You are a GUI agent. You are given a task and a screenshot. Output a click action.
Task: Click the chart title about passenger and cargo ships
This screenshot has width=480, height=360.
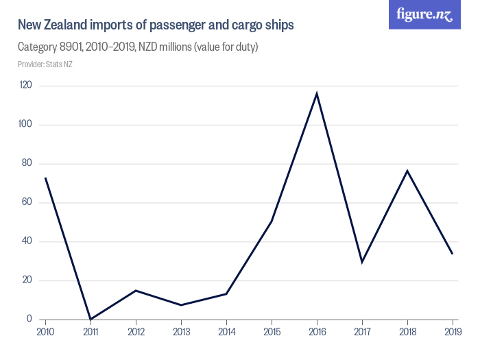click(x=156, y=25)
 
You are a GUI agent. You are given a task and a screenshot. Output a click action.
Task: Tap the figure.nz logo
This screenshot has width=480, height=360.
click(x=424, y=14)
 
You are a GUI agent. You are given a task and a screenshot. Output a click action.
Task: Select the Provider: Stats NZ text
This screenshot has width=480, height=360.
click(x=45, y=64)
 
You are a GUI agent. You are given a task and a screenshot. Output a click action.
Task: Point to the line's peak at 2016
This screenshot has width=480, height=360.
click(x=317, y=93)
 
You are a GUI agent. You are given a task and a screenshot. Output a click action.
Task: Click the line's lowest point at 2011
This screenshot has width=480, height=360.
click(x=91, y=319)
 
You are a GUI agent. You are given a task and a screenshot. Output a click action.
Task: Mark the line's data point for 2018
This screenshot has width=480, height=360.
click(x=407, y=170)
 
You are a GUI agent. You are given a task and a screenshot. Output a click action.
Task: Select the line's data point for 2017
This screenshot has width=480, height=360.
click(x=362, y=262)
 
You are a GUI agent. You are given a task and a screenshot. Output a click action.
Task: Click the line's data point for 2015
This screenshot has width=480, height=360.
click(x=272, y=221)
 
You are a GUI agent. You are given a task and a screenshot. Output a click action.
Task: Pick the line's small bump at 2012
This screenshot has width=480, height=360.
click(x=136, y=290)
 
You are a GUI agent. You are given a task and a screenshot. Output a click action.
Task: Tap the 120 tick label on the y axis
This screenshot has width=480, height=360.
click(x=27, y=86)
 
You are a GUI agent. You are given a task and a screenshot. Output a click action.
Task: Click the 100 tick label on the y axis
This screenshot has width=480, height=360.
click(x=27, y=125)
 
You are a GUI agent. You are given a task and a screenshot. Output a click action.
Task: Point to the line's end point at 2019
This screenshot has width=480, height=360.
click(x=453, y=254)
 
